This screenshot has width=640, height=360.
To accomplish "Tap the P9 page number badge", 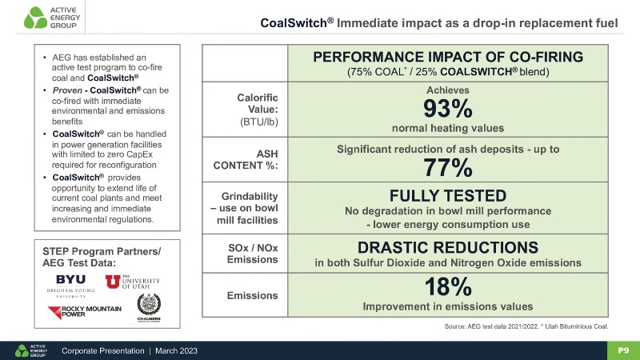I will coord(622,350).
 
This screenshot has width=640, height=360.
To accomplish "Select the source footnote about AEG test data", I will coord(526,326).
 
